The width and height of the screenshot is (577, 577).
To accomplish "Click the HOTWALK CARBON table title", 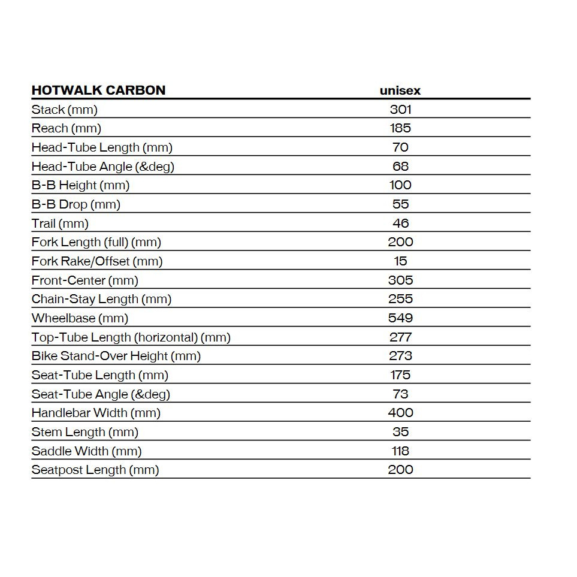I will (98, 90).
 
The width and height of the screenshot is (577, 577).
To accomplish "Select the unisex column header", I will (400, 90).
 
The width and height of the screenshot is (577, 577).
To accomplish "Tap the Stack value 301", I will (400, 109).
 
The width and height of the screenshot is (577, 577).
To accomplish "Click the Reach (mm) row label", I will (67, 128).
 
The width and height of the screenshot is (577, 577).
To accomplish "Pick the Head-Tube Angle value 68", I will (400, 166).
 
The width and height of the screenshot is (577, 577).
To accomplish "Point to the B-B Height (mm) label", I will (80, 185).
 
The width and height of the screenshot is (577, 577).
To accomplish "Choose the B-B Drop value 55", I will (400, 204).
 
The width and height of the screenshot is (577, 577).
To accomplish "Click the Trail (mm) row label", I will (60, 223).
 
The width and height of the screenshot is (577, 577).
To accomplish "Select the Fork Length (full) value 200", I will (400, 242).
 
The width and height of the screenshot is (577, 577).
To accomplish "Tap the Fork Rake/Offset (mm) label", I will (97, 261).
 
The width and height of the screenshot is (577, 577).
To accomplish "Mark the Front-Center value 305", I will (400, 280).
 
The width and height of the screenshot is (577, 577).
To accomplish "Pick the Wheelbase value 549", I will (400, 318).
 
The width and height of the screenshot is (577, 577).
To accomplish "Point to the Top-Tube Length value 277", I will (400, 337).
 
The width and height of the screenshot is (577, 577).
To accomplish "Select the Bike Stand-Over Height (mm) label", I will (116, 356).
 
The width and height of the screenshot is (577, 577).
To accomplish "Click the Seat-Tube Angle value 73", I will (400, 394).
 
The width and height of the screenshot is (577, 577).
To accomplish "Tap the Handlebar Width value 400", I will (400, 412).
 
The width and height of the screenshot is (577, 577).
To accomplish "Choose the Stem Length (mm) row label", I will (85, 432).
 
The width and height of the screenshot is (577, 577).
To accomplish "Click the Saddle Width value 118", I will (400, 451).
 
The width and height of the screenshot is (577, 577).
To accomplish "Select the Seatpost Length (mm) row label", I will (95, 470).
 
